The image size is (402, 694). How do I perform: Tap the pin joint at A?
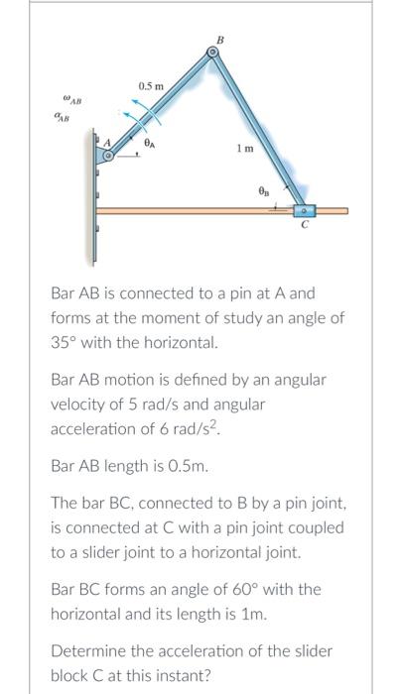click(x=110, y=155)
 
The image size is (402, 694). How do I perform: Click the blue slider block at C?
click(x=304, y=210)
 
